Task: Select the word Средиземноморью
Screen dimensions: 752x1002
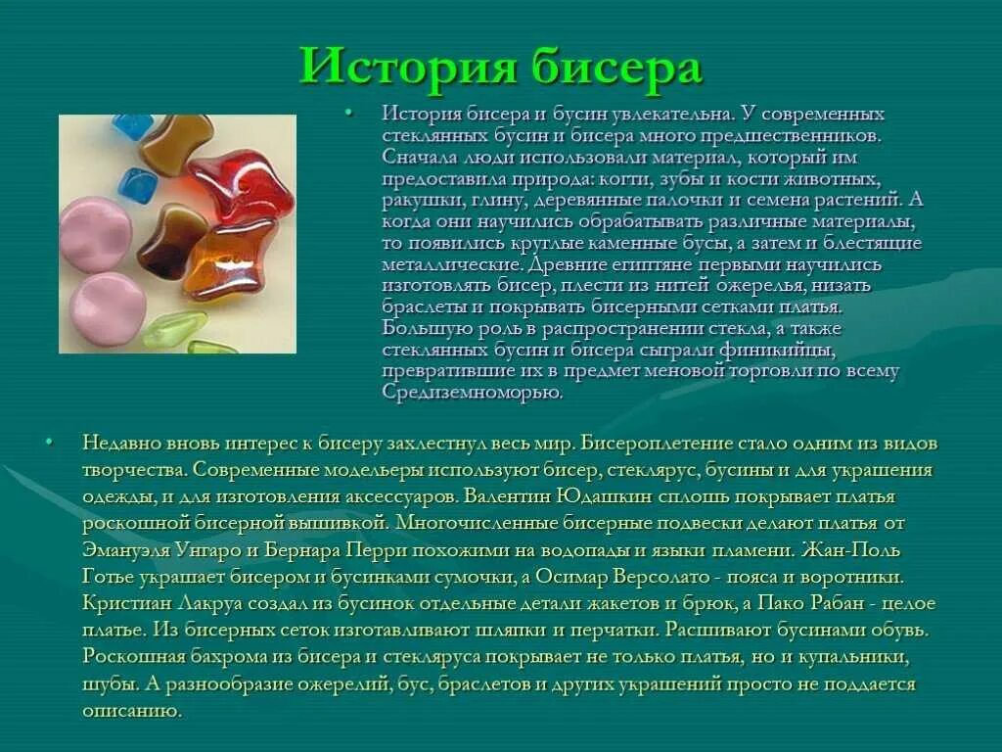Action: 472,392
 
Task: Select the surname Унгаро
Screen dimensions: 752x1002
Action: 207,550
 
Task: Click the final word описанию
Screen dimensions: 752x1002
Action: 132,710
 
